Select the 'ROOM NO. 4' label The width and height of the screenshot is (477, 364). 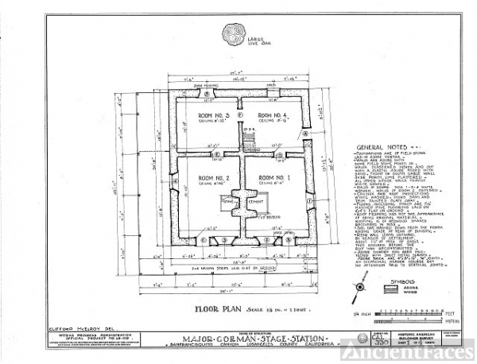[x=272, y=117]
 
